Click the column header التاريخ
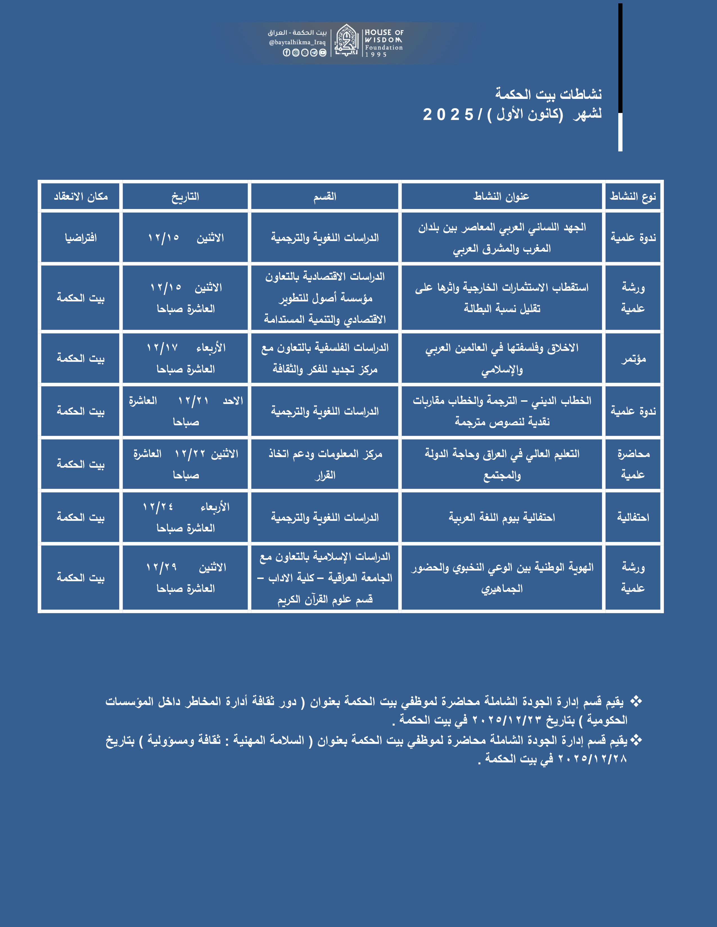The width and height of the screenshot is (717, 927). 185,197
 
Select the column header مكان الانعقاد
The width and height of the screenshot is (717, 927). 81,197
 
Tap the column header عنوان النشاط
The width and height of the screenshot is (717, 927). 501,197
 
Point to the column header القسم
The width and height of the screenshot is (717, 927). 325,197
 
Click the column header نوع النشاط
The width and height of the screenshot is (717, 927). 633,197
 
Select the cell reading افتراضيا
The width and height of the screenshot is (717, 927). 81,238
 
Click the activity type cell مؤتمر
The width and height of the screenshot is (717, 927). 633,359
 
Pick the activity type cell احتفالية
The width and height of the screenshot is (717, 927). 633,517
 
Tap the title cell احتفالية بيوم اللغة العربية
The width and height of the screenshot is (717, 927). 502,517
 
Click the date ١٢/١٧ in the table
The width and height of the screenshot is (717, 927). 162,348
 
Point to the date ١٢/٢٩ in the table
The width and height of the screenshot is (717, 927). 161,567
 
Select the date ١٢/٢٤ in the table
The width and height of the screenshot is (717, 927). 158,507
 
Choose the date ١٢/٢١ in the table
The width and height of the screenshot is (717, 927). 193,401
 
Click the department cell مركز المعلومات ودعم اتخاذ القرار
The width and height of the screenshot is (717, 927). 325,464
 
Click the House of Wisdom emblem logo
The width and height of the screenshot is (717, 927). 347,41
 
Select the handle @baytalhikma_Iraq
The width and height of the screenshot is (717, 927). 297,42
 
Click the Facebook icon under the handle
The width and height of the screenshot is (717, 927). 286,53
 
